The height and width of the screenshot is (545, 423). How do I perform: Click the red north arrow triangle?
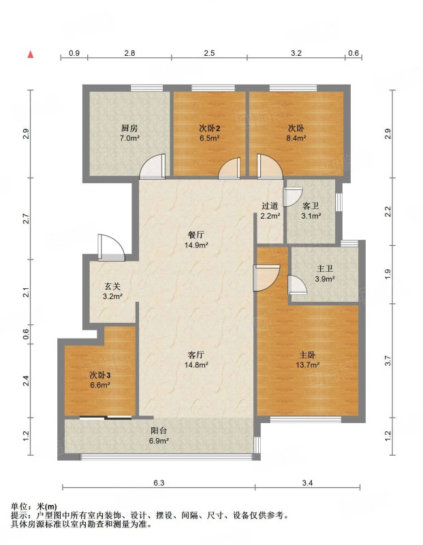(31, 54)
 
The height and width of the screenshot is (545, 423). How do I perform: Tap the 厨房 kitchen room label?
(129, 128)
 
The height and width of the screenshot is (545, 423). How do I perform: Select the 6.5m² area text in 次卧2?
(209, 138)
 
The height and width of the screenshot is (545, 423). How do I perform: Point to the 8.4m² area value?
(296, 138)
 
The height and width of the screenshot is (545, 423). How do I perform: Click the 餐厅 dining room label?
(196, 235)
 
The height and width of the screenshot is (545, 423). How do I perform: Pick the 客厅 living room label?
(196, 355)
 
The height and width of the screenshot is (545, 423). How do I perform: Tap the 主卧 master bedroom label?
(308, 355)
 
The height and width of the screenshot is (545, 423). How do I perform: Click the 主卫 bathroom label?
(325, 268)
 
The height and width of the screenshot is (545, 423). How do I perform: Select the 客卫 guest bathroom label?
(311, 206)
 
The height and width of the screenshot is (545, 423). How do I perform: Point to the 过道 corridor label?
(270, 206)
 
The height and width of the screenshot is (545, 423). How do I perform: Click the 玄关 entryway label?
(112, 287)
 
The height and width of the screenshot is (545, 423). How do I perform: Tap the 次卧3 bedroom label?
(100, 375)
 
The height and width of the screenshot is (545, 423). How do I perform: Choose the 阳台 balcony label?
(159, 431)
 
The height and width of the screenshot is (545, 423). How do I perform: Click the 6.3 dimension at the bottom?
(159, 483)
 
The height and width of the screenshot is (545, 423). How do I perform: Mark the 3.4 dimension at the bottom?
(307, 483)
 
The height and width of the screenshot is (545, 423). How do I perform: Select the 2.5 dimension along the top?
(209, 53)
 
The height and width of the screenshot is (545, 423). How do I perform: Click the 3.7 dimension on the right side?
(388, 361)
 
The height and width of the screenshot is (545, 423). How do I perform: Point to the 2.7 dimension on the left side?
(25, 219)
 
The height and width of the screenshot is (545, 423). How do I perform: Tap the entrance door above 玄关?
(110, 247)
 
